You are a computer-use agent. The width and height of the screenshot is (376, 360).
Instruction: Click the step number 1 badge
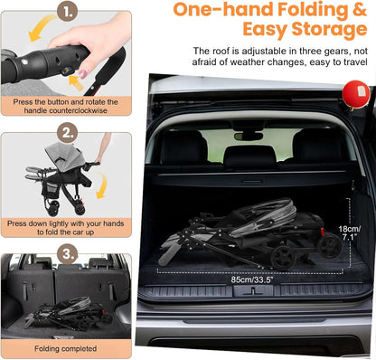68,11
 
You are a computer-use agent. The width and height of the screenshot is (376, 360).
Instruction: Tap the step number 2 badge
68,133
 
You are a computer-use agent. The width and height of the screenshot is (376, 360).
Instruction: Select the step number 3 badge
68,254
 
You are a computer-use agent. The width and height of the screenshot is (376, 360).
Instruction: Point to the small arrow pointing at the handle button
76,83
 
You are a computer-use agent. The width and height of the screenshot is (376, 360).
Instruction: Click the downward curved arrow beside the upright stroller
102,185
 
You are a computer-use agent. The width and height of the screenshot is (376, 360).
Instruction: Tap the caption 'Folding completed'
66,349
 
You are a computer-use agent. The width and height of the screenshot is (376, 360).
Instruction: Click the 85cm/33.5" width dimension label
252,279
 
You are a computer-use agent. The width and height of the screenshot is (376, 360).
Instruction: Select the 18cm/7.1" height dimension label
350,232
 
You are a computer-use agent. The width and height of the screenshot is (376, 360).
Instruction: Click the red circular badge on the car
356,94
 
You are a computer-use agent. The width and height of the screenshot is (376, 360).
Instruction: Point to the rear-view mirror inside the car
249,137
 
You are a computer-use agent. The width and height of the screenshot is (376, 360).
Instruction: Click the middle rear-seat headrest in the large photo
249,157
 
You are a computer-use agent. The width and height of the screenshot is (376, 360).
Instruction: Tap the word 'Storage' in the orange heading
329,30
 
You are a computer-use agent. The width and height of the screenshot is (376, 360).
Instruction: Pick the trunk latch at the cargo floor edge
253,291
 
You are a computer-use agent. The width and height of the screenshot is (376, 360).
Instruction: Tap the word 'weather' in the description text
248,62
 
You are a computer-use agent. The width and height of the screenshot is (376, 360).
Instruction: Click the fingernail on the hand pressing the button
83,73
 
